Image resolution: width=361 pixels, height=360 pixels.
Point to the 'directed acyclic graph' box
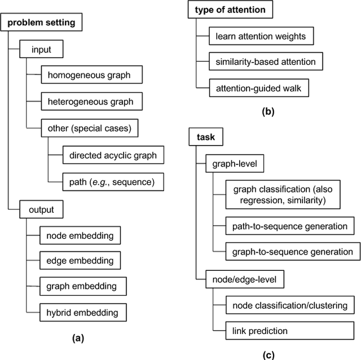tap(113, 155)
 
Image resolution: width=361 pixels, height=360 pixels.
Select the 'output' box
tap(41, 210)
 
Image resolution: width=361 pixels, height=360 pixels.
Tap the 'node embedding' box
tap(80, 235)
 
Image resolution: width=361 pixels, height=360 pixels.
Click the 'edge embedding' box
tap(80, 260)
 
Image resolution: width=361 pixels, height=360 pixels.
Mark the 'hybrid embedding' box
tap(83, 311)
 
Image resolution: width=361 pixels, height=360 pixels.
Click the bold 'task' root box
tap(202, 137)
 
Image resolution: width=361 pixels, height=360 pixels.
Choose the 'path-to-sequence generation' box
tap(289, 226)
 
